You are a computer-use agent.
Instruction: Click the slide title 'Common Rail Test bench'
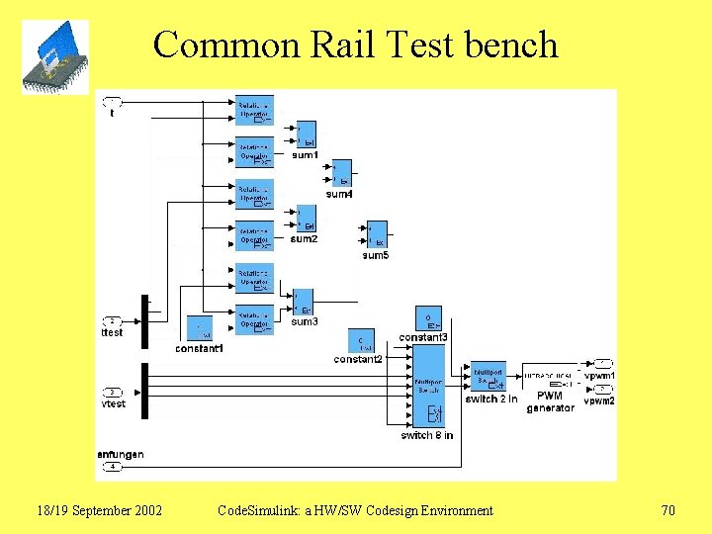point(355,44)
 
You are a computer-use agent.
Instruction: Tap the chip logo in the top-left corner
point(55,57)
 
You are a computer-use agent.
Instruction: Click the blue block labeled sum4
point(341,173)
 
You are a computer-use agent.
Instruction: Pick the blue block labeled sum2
point(306,218)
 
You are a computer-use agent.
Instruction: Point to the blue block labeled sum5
point(377,235)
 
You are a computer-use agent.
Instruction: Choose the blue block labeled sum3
point(303,302)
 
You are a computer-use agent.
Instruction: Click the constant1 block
point(200,328)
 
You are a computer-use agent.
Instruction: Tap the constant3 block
point(428,318)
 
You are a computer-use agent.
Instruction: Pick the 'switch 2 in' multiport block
point(489,377)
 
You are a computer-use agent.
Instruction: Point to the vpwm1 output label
point(599,376)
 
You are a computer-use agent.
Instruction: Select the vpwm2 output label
point(599,400)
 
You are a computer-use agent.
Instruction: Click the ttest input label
point(113,332)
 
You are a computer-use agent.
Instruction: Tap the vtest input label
point(114,403)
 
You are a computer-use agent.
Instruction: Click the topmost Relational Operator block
point(254,110)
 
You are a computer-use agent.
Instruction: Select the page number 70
point(667,510)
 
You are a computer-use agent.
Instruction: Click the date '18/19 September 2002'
point(99,510)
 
